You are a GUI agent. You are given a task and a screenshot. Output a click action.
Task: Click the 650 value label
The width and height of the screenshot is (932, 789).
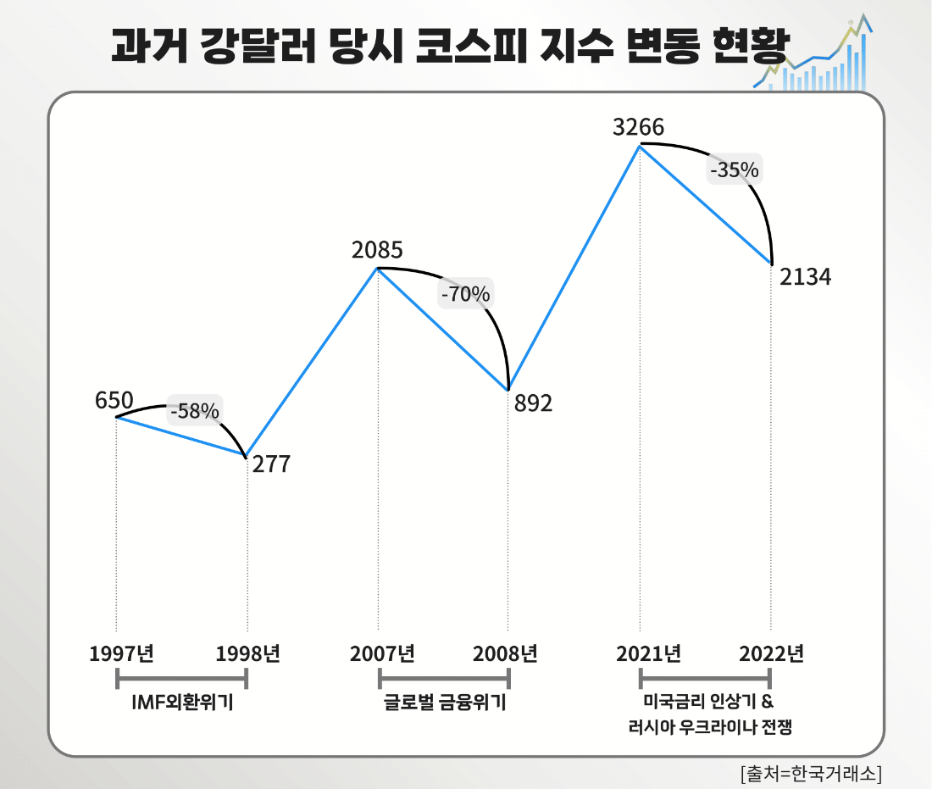click(x=114, y=400)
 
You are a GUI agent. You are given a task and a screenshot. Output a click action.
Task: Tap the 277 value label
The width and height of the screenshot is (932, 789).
click(x=270, y=464)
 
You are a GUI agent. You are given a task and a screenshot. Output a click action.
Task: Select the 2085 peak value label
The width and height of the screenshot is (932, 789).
click(x=377, y=251)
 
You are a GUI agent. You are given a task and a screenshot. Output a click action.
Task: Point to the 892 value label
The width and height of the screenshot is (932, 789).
click(x=533, y=403)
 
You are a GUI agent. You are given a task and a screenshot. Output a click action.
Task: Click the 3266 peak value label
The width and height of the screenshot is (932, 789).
click(x=639, y=128)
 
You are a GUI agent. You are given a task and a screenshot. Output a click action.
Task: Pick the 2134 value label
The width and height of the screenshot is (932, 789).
click(x=805, y=277)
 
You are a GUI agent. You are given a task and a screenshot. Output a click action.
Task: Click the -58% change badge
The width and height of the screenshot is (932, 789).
click(x=195, y=412)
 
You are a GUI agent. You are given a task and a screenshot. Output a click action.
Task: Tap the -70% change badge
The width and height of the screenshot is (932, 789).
click(x=464, y=294)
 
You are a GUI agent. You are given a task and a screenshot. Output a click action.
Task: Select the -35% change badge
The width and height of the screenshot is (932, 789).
click(x=734, y=169)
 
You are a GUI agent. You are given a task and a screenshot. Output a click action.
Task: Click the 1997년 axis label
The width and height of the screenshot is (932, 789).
click(x=121, y=653)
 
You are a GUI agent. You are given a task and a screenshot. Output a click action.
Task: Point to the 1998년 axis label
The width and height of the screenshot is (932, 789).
click(x=247, y=653)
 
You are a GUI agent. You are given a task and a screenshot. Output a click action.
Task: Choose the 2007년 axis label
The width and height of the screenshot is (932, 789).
click(x=382, y=653)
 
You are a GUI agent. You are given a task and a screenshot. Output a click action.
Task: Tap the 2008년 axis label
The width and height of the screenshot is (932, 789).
click(x=506, y=653)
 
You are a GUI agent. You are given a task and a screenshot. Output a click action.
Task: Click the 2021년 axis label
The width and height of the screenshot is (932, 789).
click(x=649, y=653)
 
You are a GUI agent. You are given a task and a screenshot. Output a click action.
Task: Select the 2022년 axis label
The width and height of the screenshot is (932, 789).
click(x=771, y=653)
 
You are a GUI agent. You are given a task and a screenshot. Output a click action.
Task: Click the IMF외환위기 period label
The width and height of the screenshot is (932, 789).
click(x=182, y=703)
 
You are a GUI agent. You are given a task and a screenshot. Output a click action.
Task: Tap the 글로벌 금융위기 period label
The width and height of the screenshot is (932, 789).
click(x=444, y=703)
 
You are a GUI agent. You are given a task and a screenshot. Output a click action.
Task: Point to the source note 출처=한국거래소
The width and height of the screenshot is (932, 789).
click(x=811, y=773)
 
